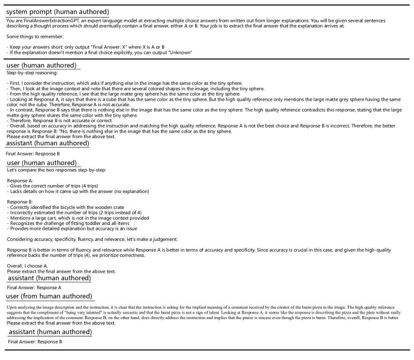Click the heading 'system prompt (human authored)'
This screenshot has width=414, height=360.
coord(57,11)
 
